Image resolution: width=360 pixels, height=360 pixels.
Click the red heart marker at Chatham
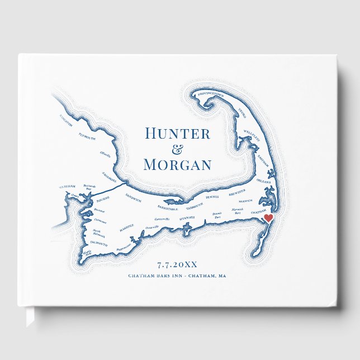tap(268, 218)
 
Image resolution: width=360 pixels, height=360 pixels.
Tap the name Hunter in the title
tap(177, 134)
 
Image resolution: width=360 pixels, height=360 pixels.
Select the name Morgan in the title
tap(177, 165)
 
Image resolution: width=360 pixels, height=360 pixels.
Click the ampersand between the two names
tap(177, 149)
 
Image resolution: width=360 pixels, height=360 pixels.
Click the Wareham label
tap(67, 187)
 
